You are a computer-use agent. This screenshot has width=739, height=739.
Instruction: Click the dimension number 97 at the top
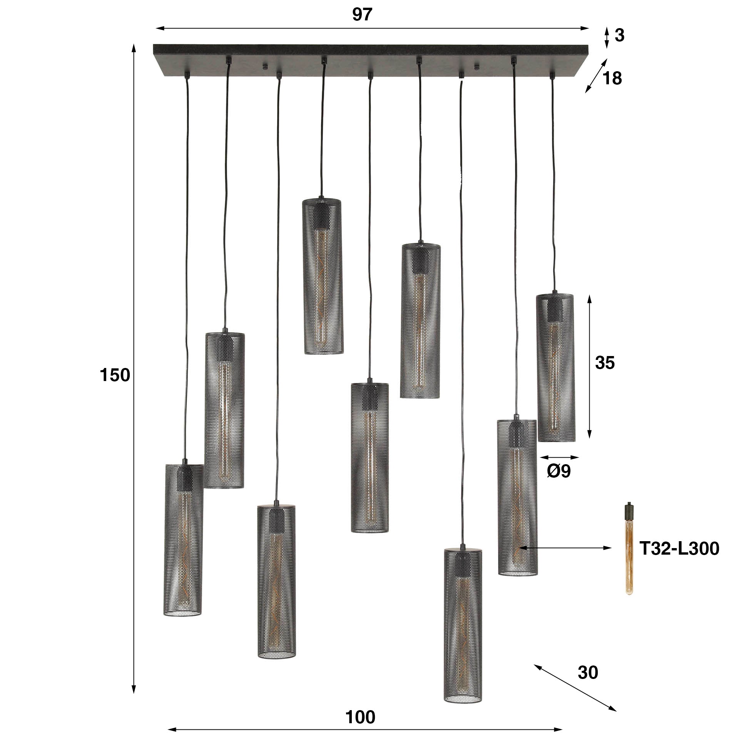(x=362, y=15)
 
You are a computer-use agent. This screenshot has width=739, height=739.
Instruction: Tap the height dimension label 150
(x=115, y=375)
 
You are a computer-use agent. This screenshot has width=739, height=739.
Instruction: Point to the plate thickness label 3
(x=619, y=36)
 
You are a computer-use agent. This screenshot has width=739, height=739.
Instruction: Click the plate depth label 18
(x=612, y=79)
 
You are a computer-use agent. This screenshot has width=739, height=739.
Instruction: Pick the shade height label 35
(x=605, y=363)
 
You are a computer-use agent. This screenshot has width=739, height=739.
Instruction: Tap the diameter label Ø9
(x=559, y=471)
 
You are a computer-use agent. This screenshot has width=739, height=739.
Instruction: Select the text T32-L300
(x=679, y=548)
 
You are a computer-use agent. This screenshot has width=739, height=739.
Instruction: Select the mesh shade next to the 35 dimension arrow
(x=555, y=368)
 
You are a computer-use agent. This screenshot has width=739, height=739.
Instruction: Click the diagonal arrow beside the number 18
(x=596, y=76)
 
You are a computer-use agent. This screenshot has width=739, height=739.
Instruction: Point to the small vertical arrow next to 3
(x=607, y=37)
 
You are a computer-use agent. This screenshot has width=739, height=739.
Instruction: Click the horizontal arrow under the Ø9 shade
(x=559, y=458)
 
